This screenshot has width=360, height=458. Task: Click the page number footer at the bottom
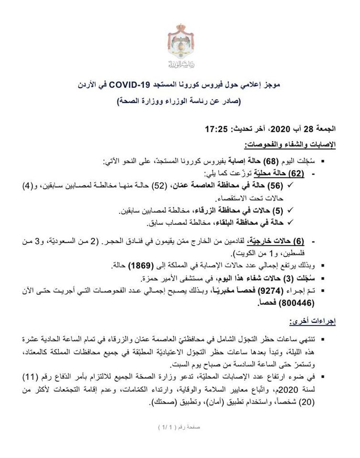tap(180, 427)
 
